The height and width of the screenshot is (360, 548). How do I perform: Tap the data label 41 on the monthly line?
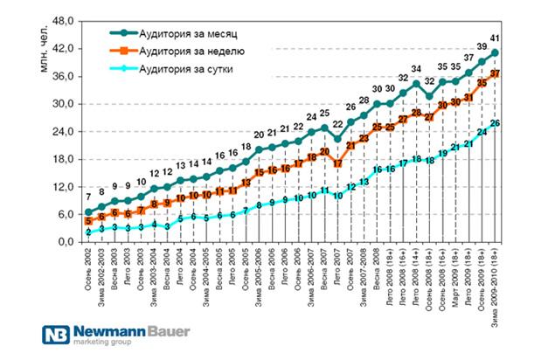[x=496, y=38]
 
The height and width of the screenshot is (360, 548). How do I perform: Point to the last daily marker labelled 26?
[x=496, y=123]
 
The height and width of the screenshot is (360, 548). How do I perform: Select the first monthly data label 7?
[x=88, y=195]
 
